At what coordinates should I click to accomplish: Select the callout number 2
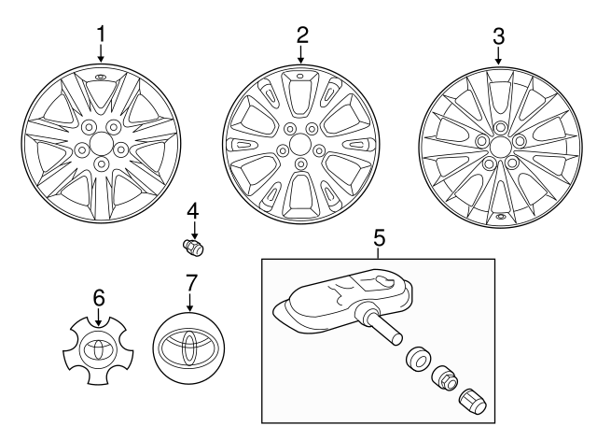click(301, 35)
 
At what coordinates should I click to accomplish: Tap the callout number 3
click(498, 37)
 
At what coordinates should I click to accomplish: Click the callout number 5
click(379, 237)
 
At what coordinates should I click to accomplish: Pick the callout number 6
click(98, 298)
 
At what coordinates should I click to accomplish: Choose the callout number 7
click(190, 281)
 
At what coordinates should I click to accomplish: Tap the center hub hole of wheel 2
click(300, 144)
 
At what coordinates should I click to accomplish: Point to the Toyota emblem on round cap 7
click(190, 347)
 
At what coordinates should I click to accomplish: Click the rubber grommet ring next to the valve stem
click(416, 361)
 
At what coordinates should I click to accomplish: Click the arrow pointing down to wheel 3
click(498, 56)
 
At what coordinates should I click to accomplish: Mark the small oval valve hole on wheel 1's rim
click(101, 75)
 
